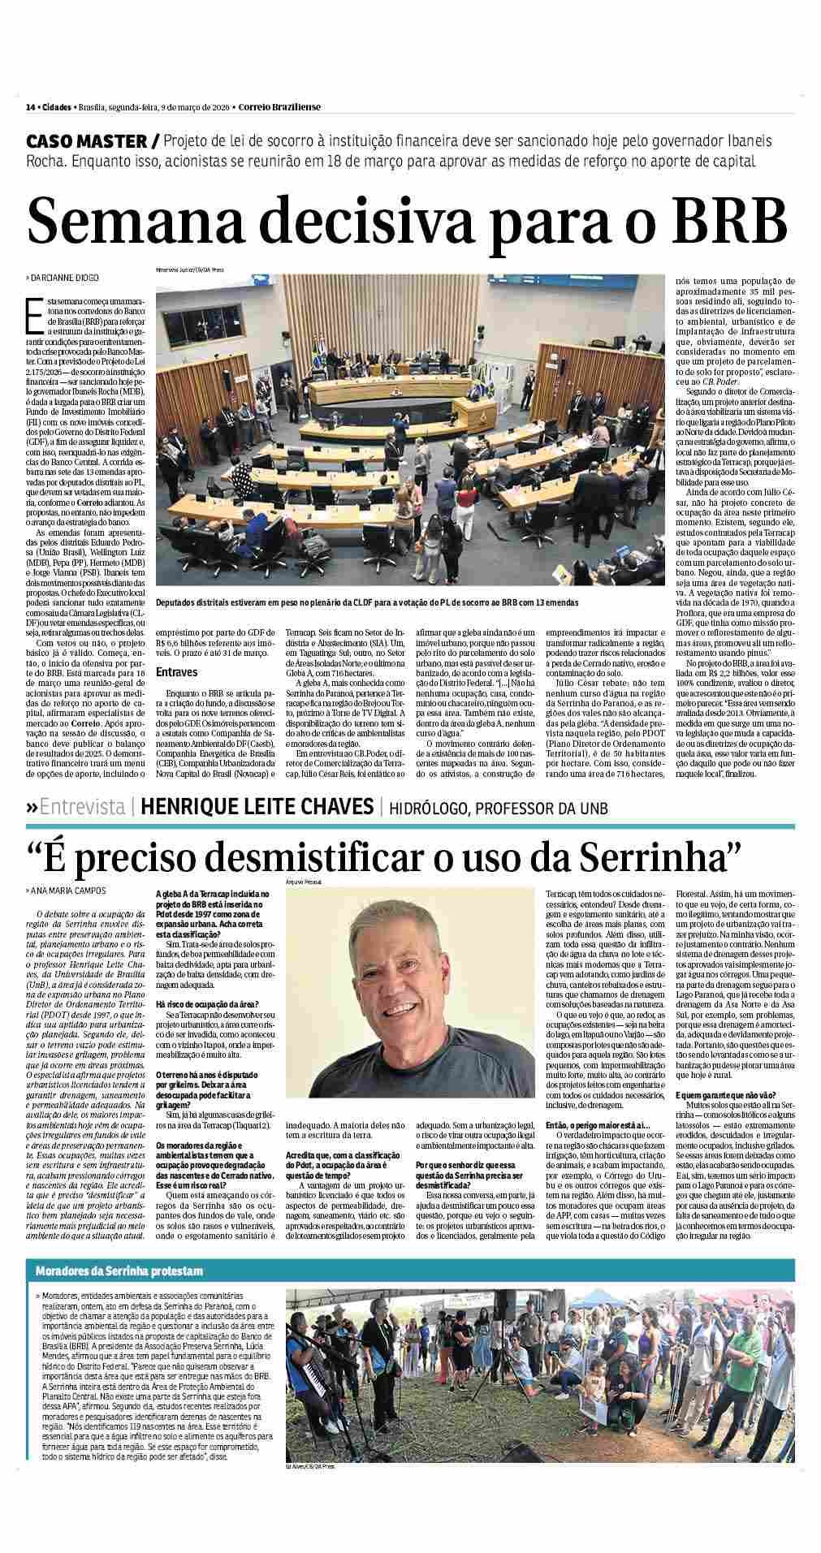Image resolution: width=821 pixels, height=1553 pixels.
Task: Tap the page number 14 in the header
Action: pos(30,107)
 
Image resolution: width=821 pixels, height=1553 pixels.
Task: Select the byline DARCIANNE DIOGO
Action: pos(64,278)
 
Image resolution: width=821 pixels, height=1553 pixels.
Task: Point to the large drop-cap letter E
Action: pos(34,315)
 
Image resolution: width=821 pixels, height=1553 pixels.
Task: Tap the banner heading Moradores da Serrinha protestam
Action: pos(119,1293)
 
